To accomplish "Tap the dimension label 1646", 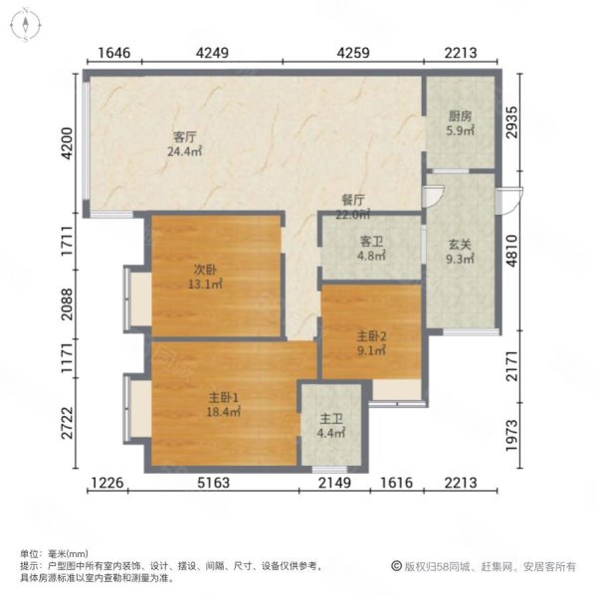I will (x=114, y=56).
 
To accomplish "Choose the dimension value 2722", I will (x=67, y=423).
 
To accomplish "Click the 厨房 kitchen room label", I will (x=460, y=115).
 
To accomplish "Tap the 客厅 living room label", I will (x=183, y=136).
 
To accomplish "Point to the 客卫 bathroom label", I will (x=369, y=239).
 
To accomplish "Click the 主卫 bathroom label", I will (x=328, y=419).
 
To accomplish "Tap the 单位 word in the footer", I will (x=28, y=553).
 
